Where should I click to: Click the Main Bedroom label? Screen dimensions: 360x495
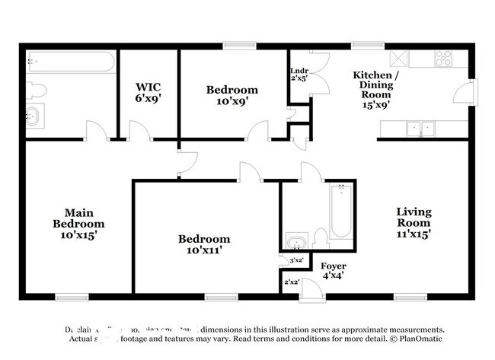(x=78, y=224)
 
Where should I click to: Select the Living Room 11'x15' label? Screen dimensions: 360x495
(x=414, y=223)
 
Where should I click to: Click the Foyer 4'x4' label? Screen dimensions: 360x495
(x=333, y=271)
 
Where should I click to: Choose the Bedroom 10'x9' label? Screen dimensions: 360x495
(x=232, y=95)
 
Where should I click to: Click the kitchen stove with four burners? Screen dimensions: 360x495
(x=443, y=59)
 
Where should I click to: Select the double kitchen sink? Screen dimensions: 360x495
(x=420, y=128)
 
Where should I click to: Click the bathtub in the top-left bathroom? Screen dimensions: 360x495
(x=71, y=61)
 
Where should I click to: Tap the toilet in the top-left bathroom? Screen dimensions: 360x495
(x=36, y=91)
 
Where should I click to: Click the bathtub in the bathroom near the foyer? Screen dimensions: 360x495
(x=340, y=212)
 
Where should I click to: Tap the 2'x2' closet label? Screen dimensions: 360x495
(x=290, y=282)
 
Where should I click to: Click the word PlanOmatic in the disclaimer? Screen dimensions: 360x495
(x=417, y=338)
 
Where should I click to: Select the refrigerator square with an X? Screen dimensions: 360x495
(x=398, y=59)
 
